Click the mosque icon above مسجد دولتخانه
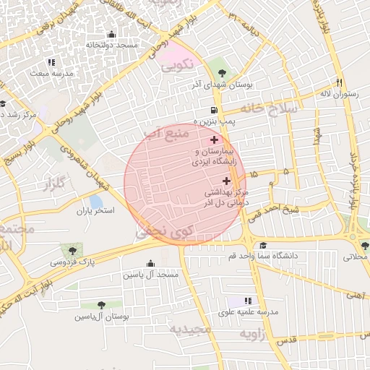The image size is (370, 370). [111, 35]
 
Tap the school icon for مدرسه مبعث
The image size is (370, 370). [51, 63]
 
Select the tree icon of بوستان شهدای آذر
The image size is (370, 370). [221, 74]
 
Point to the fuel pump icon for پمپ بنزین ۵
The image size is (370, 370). [213, 110]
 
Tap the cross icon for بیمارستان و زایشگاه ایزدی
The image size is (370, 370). [213, 139]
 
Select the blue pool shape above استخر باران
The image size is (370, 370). [95, 202]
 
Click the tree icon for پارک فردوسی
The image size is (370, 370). [71, 249]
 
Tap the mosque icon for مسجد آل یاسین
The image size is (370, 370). [150, 264]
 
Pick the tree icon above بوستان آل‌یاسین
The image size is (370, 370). [101, 306]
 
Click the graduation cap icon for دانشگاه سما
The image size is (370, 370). [262, 246]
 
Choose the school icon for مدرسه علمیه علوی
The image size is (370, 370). [248, 301]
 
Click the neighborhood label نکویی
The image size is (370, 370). [177, 65]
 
